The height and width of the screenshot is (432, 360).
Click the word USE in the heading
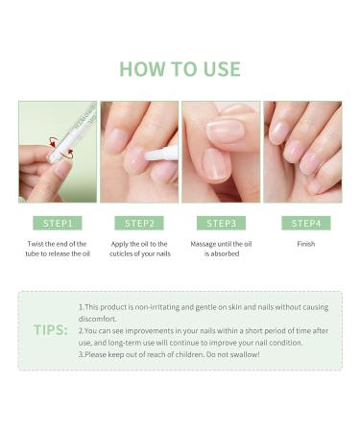click(x=222, y=69)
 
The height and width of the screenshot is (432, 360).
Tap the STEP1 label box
click(x=58, y=223)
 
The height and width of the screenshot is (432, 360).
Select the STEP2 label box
click(x=139, y=223)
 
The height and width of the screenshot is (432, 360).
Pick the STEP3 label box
click(x=221, y=223)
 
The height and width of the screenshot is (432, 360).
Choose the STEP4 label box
click(x=306, y=223)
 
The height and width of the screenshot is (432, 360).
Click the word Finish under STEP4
click(x=306, y=244)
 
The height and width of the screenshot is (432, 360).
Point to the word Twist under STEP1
click(x=35, y=244)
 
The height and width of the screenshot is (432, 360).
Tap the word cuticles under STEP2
click(x=120, y=253)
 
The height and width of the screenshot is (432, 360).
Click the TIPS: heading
click(x=51, y=329)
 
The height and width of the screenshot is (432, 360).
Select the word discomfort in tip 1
click(x=98, y=319)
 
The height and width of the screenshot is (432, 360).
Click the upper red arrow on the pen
click(x=54, y=141)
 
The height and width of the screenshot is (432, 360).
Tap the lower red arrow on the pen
click(x=68, y=154)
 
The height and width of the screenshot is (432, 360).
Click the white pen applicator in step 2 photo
click(x=161, y=153)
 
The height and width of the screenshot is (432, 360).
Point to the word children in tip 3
click(x=189, y=354)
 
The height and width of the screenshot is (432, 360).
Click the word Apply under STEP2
click(x=119, y=244)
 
